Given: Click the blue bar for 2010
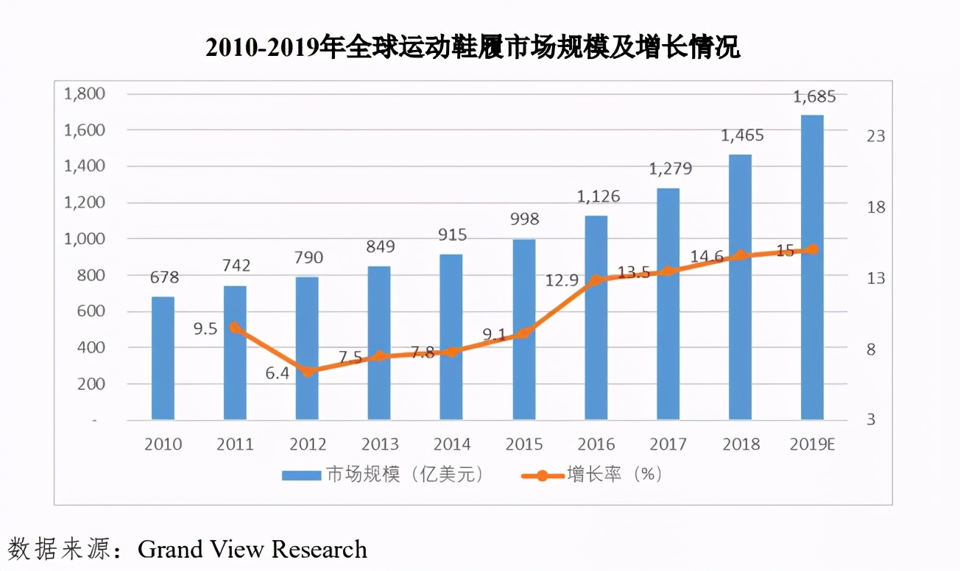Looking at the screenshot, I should coord(163,358).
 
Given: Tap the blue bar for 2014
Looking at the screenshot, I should coord(451,337).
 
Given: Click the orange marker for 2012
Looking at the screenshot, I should coord(308,371).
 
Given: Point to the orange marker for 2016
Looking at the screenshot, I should coord(596,280).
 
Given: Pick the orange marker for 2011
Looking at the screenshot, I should coord(235,327).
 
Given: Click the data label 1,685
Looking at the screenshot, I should coord(813,97).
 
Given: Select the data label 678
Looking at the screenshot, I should coord(163,278).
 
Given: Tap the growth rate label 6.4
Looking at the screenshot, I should coord(278,373).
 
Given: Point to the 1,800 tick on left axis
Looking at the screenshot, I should coord(85,94).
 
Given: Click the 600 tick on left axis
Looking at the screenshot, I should coord(91,311).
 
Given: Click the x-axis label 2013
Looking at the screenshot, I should coord(379,444).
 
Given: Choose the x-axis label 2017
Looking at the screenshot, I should coord(668,444).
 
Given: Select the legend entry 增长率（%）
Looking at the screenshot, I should coord(593,475).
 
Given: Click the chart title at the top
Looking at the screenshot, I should coord(472,47).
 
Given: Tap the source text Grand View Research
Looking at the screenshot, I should coord(252,549).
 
